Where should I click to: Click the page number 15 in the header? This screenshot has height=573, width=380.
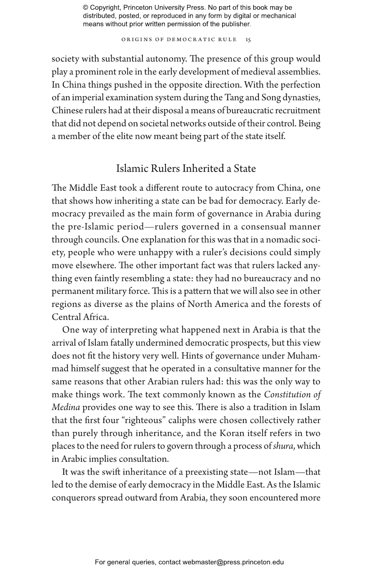(x=248, y=40)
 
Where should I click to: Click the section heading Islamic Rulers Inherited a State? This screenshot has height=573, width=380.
(x=186, y=168)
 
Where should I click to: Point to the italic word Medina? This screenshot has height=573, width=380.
(x=66, y=407)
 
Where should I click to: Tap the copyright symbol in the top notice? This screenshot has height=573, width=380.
(x=85, y=8)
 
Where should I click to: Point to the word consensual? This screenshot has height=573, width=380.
(x=263, y=227)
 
